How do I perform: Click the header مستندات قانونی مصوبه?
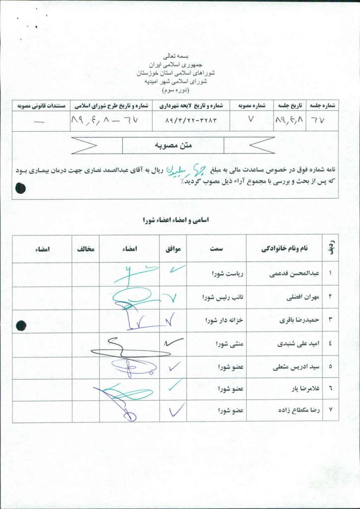[32, 105]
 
